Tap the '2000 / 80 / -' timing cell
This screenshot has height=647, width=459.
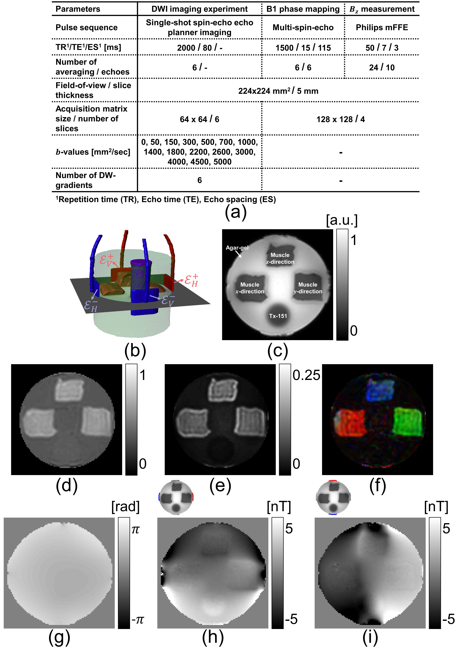(x=200, y=48)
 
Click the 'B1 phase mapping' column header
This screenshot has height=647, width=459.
(x=303, y=9)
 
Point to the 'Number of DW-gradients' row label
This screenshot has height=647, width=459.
(x=86, y=180)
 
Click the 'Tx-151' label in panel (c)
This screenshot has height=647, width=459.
(x=278, y=316)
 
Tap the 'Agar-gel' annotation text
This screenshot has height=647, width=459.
(x=237, y=248)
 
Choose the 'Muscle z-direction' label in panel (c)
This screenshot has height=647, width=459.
(x=280, y=258)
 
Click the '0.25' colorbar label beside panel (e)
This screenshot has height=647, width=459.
(x=306, y=375)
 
